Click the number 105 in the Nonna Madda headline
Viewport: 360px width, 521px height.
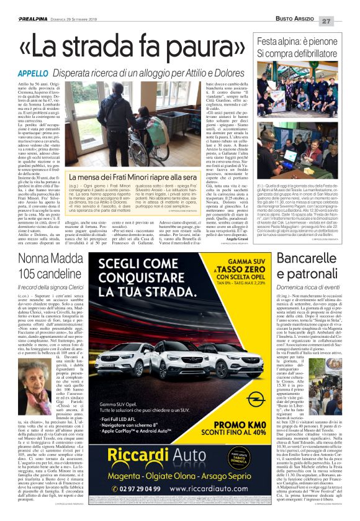29,256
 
